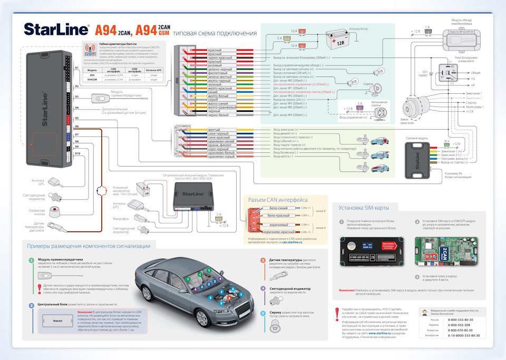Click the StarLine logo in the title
(x=56, y=30)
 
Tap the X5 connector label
(x=77, y=119)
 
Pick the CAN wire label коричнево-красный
(x=279, y=231)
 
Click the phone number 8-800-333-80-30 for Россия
(x=460, y=319)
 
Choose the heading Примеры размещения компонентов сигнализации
(x=89, y=246)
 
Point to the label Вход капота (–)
(x=284, y=156)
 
